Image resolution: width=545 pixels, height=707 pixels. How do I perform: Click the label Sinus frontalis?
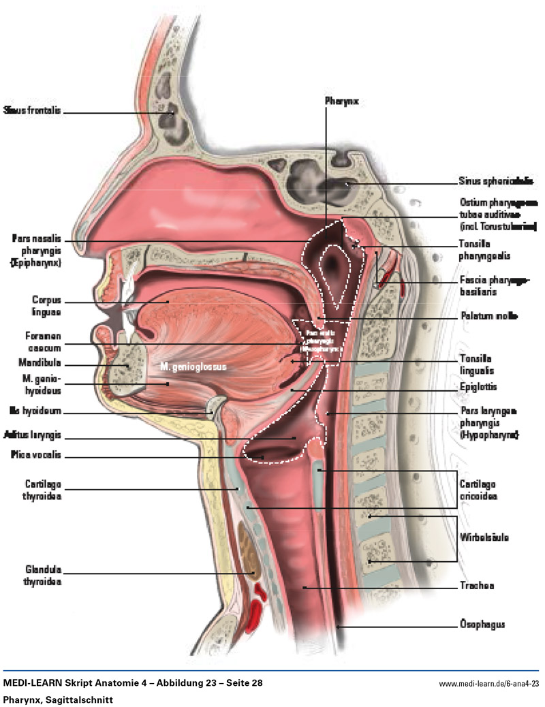[32, 110]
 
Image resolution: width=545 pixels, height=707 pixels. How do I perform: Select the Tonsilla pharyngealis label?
[485, 250]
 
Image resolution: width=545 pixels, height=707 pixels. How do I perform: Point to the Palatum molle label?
[488, 317]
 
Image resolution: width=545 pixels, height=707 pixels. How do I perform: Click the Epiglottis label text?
[479, 387]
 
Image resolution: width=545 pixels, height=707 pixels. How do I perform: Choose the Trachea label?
[476, 586]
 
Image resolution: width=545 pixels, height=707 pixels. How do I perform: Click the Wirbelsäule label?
[484, 537]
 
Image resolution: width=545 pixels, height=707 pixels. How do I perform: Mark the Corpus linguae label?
[46, 305]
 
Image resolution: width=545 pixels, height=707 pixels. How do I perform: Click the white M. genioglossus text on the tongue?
[193, 366]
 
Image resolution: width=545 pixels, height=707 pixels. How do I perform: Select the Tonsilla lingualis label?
[477, 364]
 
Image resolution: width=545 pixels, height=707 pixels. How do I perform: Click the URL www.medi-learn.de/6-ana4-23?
[488, 683]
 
